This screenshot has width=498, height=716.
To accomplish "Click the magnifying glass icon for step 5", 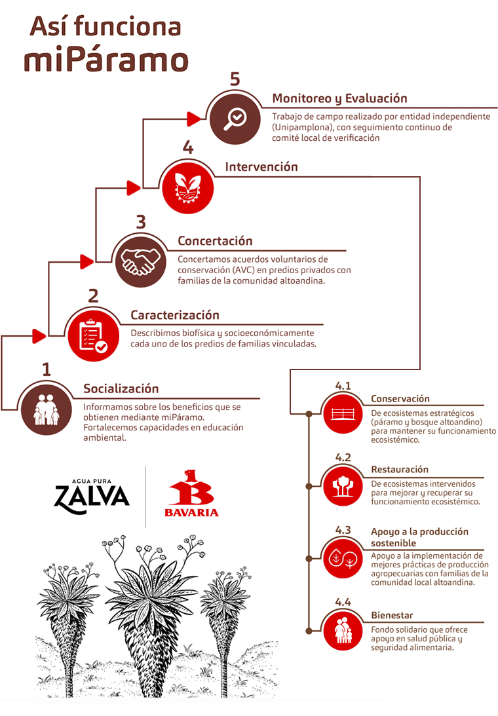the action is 235,120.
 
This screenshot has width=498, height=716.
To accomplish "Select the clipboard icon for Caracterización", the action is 93,335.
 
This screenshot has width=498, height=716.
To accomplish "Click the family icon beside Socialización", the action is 47,409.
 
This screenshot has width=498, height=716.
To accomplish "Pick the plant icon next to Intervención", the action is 188,187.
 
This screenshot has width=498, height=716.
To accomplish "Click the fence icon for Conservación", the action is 343,414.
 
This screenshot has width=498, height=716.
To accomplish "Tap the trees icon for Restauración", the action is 343,486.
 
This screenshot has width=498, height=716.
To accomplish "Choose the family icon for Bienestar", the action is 343,630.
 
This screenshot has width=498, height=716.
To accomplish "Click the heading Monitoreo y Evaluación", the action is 339,99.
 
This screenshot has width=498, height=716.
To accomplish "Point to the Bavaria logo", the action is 191,493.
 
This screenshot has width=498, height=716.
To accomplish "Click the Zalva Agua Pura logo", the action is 92,496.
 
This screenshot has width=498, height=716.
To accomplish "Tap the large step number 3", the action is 141,222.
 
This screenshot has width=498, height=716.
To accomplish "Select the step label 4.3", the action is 343,530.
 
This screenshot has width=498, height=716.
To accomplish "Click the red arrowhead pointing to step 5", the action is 194,119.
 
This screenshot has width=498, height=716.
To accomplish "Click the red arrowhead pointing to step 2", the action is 39,336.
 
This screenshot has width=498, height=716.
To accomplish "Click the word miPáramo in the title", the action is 106,60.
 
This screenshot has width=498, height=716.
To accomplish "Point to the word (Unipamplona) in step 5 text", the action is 302,127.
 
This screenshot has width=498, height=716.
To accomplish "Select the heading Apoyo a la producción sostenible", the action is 419,537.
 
